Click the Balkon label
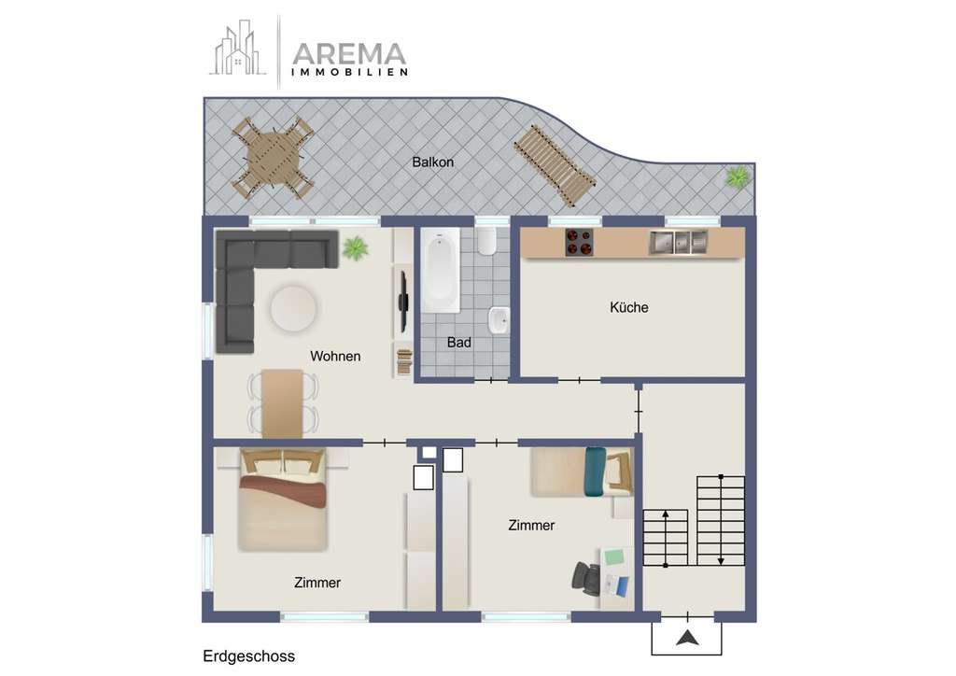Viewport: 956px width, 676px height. point(432,162)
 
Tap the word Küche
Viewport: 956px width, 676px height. point(628,307)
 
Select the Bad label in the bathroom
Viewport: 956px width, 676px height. point(458,343)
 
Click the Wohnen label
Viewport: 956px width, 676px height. point(335,357)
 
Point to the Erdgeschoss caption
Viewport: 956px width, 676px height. point(248,657)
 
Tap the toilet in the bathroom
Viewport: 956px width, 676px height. point(486,243)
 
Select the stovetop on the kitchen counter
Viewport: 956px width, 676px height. point(579,243)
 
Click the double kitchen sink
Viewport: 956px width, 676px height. point(679,242)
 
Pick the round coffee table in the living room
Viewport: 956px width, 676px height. point(293,308)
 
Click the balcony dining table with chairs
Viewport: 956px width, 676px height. point(273,157)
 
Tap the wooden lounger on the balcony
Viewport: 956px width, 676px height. point(555,166)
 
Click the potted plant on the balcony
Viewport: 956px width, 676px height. point(738,176)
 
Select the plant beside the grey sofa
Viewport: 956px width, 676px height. point(355,248)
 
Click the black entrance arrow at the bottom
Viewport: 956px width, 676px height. point(687,639)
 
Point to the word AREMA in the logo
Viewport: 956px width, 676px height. point(349,54)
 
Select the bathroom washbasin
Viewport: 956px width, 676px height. point(499,320)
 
